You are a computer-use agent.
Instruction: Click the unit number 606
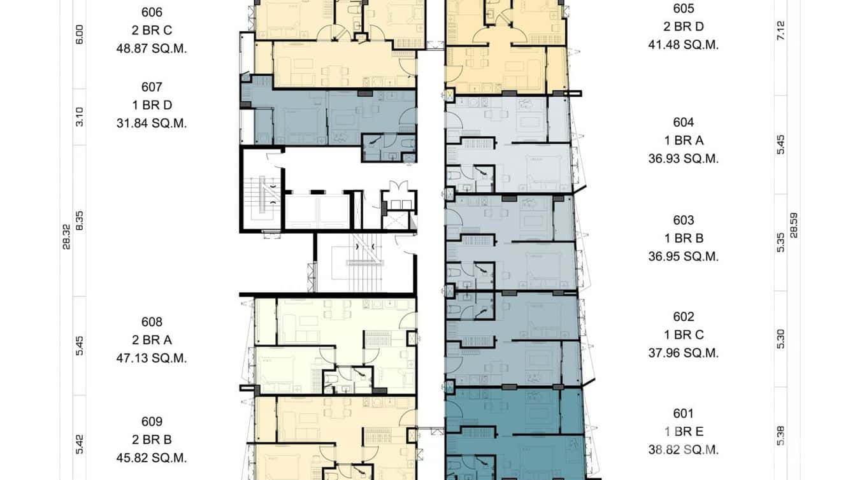(x=152, y=12)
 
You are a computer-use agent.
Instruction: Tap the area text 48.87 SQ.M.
(x=152, y=48)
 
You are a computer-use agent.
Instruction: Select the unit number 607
(x=152, y=87)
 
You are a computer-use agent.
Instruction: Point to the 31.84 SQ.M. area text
(x=152, y=124)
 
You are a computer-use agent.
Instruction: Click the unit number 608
(x=152, y=322)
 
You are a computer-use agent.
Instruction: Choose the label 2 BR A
(x=152, y=340)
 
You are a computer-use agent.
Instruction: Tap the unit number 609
(x=152, y=421)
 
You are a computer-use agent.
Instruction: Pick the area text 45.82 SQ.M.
(x=152, y=458)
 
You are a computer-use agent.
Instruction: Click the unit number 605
(x=684, y=8)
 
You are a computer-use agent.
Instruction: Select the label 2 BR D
(x=684, y=27)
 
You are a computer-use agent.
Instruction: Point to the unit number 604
(x=684, y=122)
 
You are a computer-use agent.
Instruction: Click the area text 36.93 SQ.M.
(x=684, y=159)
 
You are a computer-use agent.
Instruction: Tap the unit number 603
(x=684, y=220)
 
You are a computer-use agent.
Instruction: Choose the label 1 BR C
(x=684, y=335)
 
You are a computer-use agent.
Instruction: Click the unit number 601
(x=684, y=414)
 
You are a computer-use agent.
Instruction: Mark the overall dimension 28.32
(x=67, y=236)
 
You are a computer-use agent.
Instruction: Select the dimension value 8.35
(x=80, y=220)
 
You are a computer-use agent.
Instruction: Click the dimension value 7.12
(x=781, y=30)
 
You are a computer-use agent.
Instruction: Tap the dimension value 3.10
(x=80, y=116)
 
